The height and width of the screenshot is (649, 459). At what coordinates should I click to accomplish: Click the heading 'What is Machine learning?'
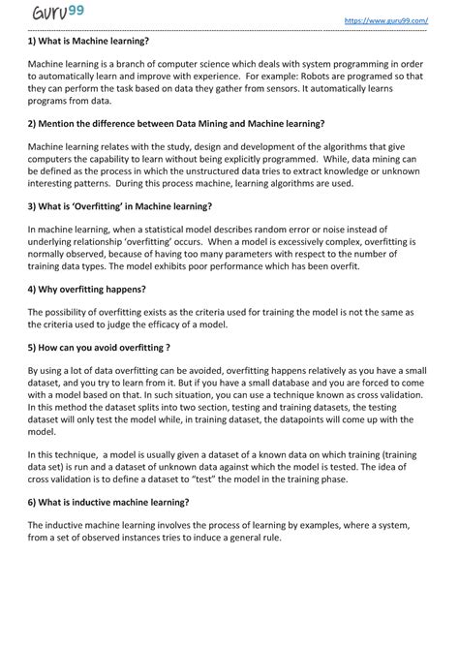pyautogui.click(x=88, y=42)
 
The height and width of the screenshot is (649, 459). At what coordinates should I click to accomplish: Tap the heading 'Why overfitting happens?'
pyautogui.click(x=87, y=289)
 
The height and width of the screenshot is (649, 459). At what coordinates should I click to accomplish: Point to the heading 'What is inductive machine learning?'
pyautogui.click(x=108, y=502)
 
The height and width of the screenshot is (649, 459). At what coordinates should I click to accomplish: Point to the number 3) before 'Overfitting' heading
pyautogui.click(x=33, y=206)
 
